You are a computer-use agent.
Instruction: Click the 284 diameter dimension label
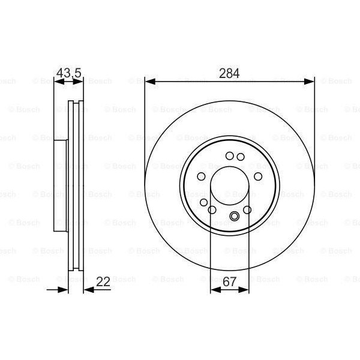[x=230, y=74]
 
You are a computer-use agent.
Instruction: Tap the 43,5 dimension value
[x=68, y=74]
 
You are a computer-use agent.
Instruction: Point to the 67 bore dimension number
[x=230, y=280]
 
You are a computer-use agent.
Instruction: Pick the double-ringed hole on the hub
[x=234, y=217]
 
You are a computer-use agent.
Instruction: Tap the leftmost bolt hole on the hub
[x=202, y=176]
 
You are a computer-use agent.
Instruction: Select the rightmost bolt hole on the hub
[x=258, y=176]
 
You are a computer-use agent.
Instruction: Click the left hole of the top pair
[x=229, y=157]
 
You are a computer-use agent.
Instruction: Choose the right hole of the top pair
[x=240, y=157]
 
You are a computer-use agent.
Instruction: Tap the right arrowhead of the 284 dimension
[x=311, y=81]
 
